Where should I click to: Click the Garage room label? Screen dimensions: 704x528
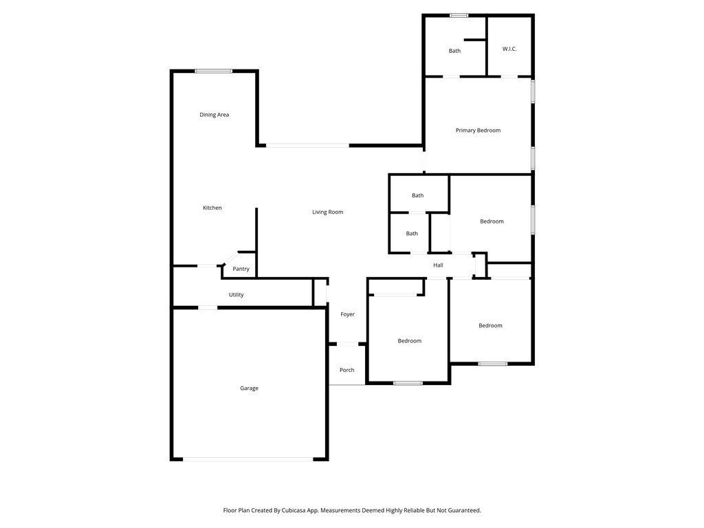coord(249,388)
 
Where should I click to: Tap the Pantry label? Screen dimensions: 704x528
coord(241,269)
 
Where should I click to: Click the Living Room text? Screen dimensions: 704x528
coord(328,212)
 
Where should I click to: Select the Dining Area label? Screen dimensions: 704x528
coord(214,115)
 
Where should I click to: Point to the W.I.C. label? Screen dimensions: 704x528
coord(509,49)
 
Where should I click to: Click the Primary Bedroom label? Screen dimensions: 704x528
coord(478,130)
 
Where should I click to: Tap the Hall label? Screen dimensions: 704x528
coord(438,265)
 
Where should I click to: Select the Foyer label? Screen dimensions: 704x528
coord(347,314)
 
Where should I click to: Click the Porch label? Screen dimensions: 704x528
coord(346,370)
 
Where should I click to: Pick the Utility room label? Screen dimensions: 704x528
coord(236,295)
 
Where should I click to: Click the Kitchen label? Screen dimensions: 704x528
coord(212,208)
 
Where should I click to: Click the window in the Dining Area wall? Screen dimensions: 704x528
coord(214,71)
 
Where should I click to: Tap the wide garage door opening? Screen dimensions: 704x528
coord(247,459)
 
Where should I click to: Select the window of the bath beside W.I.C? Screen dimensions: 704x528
coord(459,16)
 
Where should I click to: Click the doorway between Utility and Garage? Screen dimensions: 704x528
coord(208,307)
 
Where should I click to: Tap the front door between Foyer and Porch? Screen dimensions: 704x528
coord(347,344)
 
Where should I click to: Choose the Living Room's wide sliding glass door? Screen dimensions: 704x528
coord(307,146)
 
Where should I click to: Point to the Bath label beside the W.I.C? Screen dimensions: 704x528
coord(454,51)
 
